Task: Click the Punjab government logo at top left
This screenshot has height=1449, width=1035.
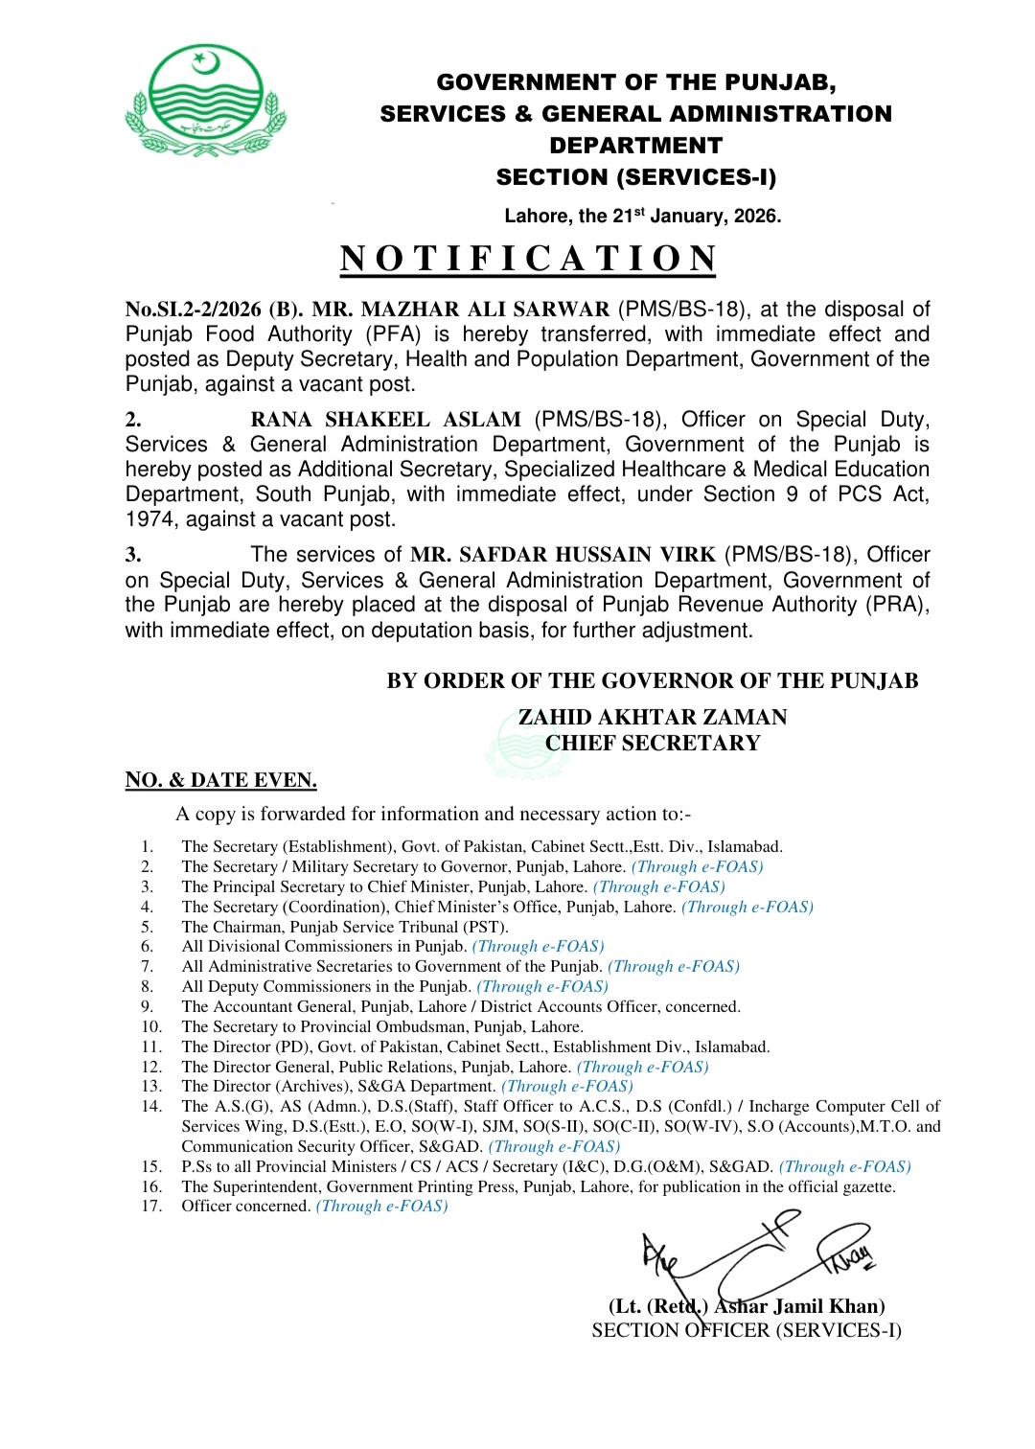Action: (x=204, y=101)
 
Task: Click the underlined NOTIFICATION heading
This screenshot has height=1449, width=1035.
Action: (x=528, y=259)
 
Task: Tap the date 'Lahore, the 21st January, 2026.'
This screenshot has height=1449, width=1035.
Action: (x=642, y=216)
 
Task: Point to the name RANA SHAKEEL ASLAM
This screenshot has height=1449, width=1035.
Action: (x=385, y=420)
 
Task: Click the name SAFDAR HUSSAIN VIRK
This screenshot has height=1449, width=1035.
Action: (x=563, y=555)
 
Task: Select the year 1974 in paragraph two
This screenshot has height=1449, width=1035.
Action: (x=149, y=519)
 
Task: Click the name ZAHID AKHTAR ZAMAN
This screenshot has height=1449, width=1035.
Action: (x=653, y=717)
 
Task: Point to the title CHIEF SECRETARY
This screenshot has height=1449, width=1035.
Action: (x=653, y=743)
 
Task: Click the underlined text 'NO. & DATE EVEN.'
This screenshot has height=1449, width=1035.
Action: (x=220, y=780)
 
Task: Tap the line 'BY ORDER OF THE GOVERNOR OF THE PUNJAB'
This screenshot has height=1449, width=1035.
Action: (x=652, y=681)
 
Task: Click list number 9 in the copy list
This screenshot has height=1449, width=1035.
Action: (x=147, y=1006)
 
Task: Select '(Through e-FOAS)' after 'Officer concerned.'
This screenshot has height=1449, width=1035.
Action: (x=381, y=1206)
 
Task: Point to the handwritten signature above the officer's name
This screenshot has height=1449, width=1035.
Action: (x=757, y=1255)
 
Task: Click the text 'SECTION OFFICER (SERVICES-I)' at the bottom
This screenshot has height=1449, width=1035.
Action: (x=747, y=1330)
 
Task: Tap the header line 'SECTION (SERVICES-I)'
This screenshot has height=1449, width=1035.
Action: (x=635, y=177)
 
